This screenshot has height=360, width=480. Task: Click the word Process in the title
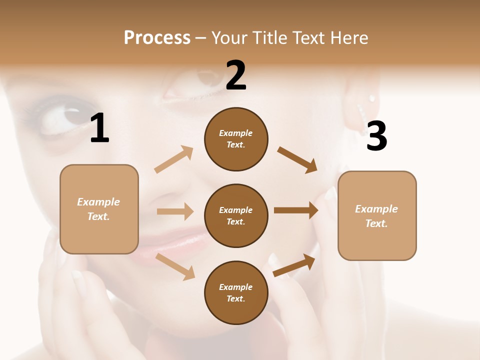[157, 38]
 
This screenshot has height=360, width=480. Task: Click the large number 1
[99, 128]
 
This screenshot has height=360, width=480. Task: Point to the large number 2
[236, 75]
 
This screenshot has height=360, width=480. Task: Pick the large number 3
[376, 136]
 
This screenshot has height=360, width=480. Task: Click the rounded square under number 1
[99, 209]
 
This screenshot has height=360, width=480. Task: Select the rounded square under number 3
[377, 215]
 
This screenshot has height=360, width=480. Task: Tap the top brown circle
[236, 139]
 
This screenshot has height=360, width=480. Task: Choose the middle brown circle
[236, 215]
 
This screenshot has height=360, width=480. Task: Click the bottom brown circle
[236, 292]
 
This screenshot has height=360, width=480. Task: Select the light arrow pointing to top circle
[174, 159]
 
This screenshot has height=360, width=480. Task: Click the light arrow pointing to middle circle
[175, 211]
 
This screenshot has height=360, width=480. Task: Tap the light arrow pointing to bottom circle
[175, 266]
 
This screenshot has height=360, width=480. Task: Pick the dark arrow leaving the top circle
[297, 159]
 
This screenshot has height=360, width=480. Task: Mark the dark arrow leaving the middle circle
[296, 210]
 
